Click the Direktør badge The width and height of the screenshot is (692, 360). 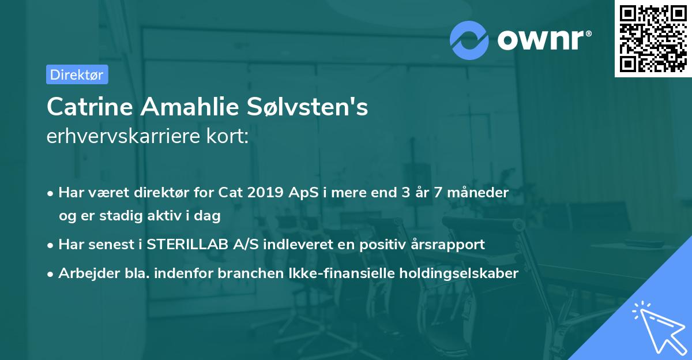[x=77, y=74]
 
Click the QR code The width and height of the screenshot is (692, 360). [x=652, y=38]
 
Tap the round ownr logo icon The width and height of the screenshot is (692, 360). [x=470, y=39]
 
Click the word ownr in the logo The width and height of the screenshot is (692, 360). [x=543, y=39]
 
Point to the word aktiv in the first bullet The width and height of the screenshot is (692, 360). [x=171, y=216]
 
